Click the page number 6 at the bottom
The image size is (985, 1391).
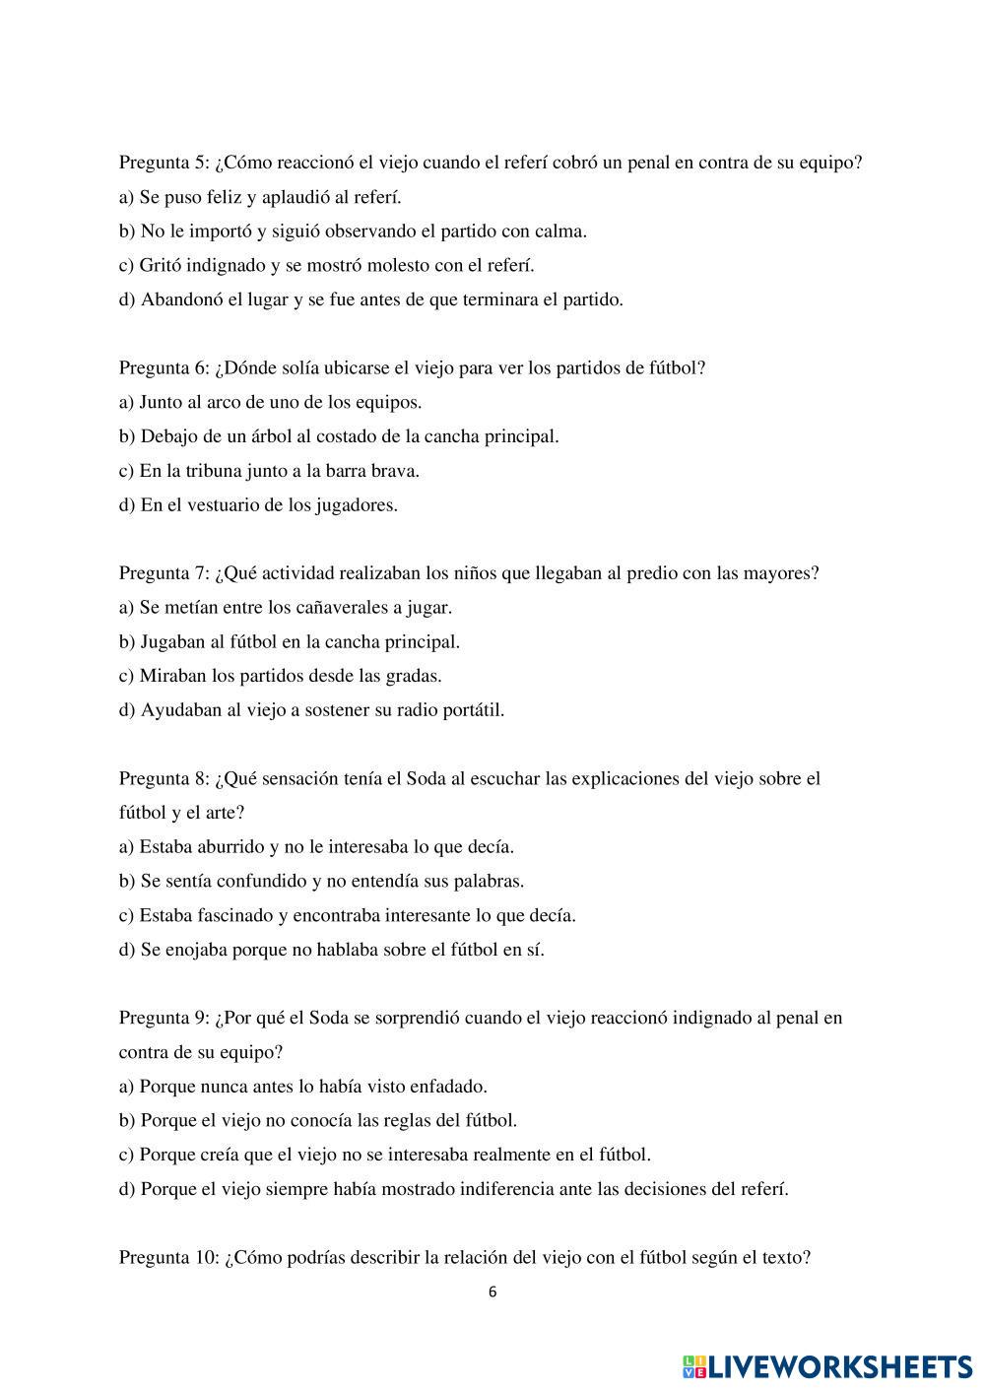coord(492,1292)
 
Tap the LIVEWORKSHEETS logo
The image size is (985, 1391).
coord(826,1365)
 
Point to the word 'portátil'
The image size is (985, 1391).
coord(471,710)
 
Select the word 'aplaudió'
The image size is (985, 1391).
coord(297,197)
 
